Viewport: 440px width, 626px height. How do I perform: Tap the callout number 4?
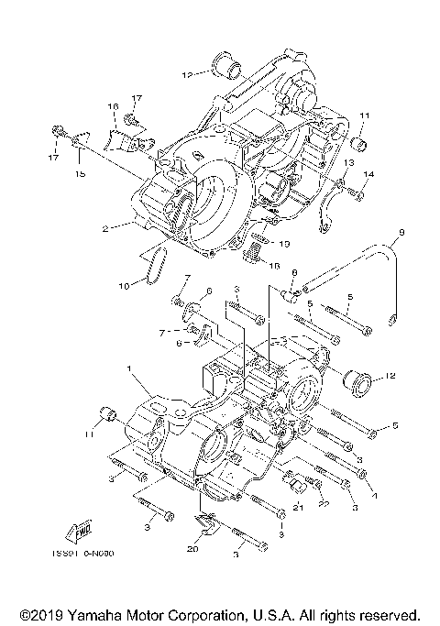pos(373,491)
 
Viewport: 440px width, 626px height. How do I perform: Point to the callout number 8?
pos(295,273)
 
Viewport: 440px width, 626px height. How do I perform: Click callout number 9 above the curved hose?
pos(400,233)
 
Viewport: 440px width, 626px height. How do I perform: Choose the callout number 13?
pos(349,163)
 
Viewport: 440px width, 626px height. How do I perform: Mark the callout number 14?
pos(369,174)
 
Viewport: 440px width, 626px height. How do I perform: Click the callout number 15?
pos(80,173)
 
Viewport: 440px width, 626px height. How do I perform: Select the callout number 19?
pos(285,244)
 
